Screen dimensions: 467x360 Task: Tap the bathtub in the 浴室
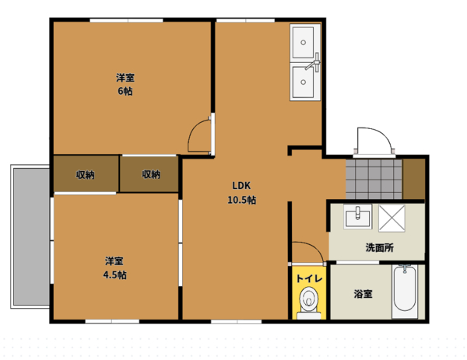[405, 288]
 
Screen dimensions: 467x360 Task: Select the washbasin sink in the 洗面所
[358, 217]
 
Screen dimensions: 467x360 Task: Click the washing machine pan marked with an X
[392, 218]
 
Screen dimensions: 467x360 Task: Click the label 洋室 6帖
[125, 85]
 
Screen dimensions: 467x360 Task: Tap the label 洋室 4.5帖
[114, 267]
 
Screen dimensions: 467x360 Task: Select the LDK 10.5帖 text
[241, 193]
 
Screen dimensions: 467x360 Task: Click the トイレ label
[309, 278]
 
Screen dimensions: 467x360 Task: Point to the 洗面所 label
[380, 247]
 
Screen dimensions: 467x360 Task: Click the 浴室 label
[363, 294]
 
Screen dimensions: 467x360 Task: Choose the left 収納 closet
[86, 174]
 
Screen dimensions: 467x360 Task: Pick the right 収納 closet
[149, 174]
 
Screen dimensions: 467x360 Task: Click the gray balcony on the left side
[31, 236]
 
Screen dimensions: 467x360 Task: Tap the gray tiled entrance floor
[374, 180]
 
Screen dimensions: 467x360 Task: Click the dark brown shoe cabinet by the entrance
[414, 179]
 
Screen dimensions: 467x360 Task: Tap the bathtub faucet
[405, 268]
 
